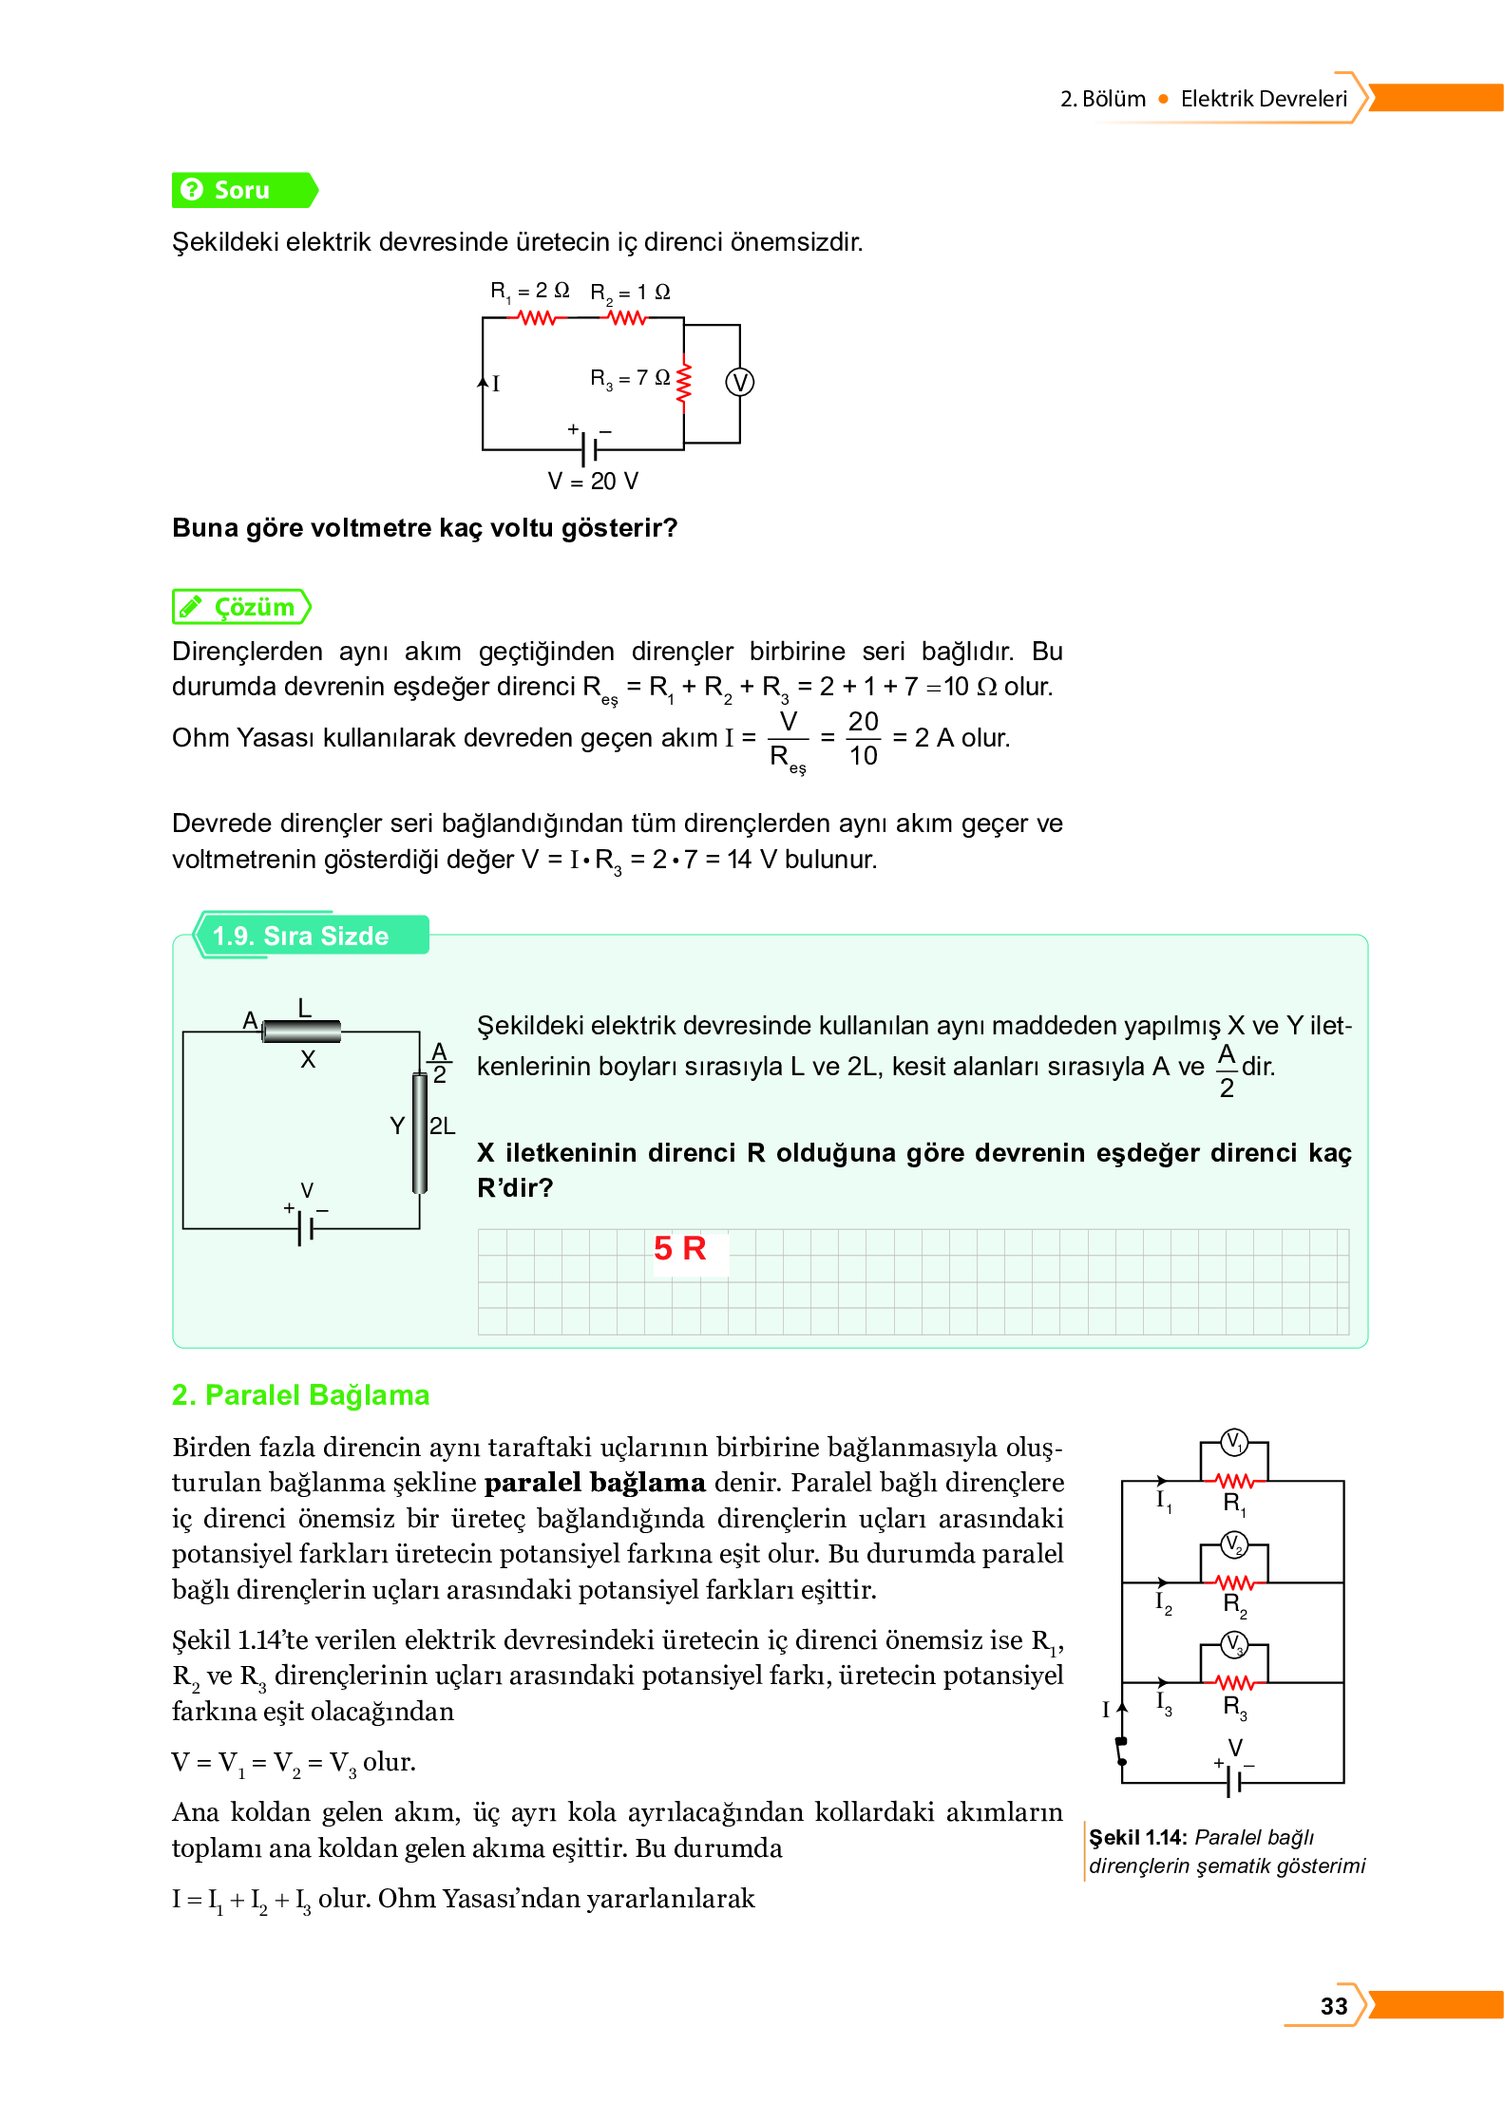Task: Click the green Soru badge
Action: (x=242, y=190)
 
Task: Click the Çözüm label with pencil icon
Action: (x=242, y=607)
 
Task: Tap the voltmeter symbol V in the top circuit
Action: (x=739, y=382)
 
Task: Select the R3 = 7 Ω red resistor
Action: (x=683, y=384)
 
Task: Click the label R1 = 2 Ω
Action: (x=529, y=291)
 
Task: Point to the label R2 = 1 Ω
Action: (x=630, y=293)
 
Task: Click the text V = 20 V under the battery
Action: (x=593, y=482)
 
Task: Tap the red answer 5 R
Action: (x=679, y=1248)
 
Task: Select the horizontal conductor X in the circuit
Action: (x=301, y=1031)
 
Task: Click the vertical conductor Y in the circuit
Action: (x=419, y=1132)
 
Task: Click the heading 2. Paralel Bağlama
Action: (x=300, y=1394)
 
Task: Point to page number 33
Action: (x=1333, y=2006)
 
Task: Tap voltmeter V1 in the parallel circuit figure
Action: (x=1233, y=1442)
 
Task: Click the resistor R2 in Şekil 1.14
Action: (x=1235, y=1582)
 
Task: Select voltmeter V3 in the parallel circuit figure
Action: (x=1233, y=1644)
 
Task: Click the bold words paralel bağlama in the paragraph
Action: (x=595, y=1483)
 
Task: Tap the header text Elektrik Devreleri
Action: (x=1263, y=99)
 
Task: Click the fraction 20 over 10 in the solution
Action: (x=863, y=738)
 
